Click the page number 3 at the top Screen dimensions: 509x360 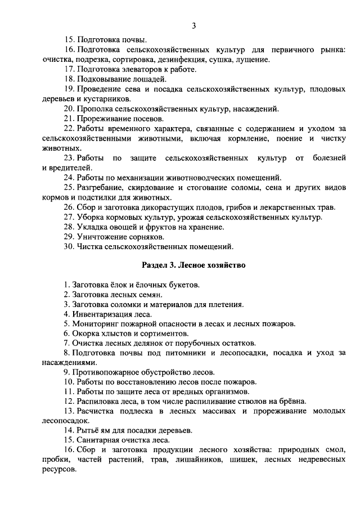tap(193, 25)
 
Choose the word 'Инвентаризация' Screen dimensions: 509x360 tap(102, 314)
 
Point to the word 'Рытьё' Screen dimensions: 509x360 tap(87, 430)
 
